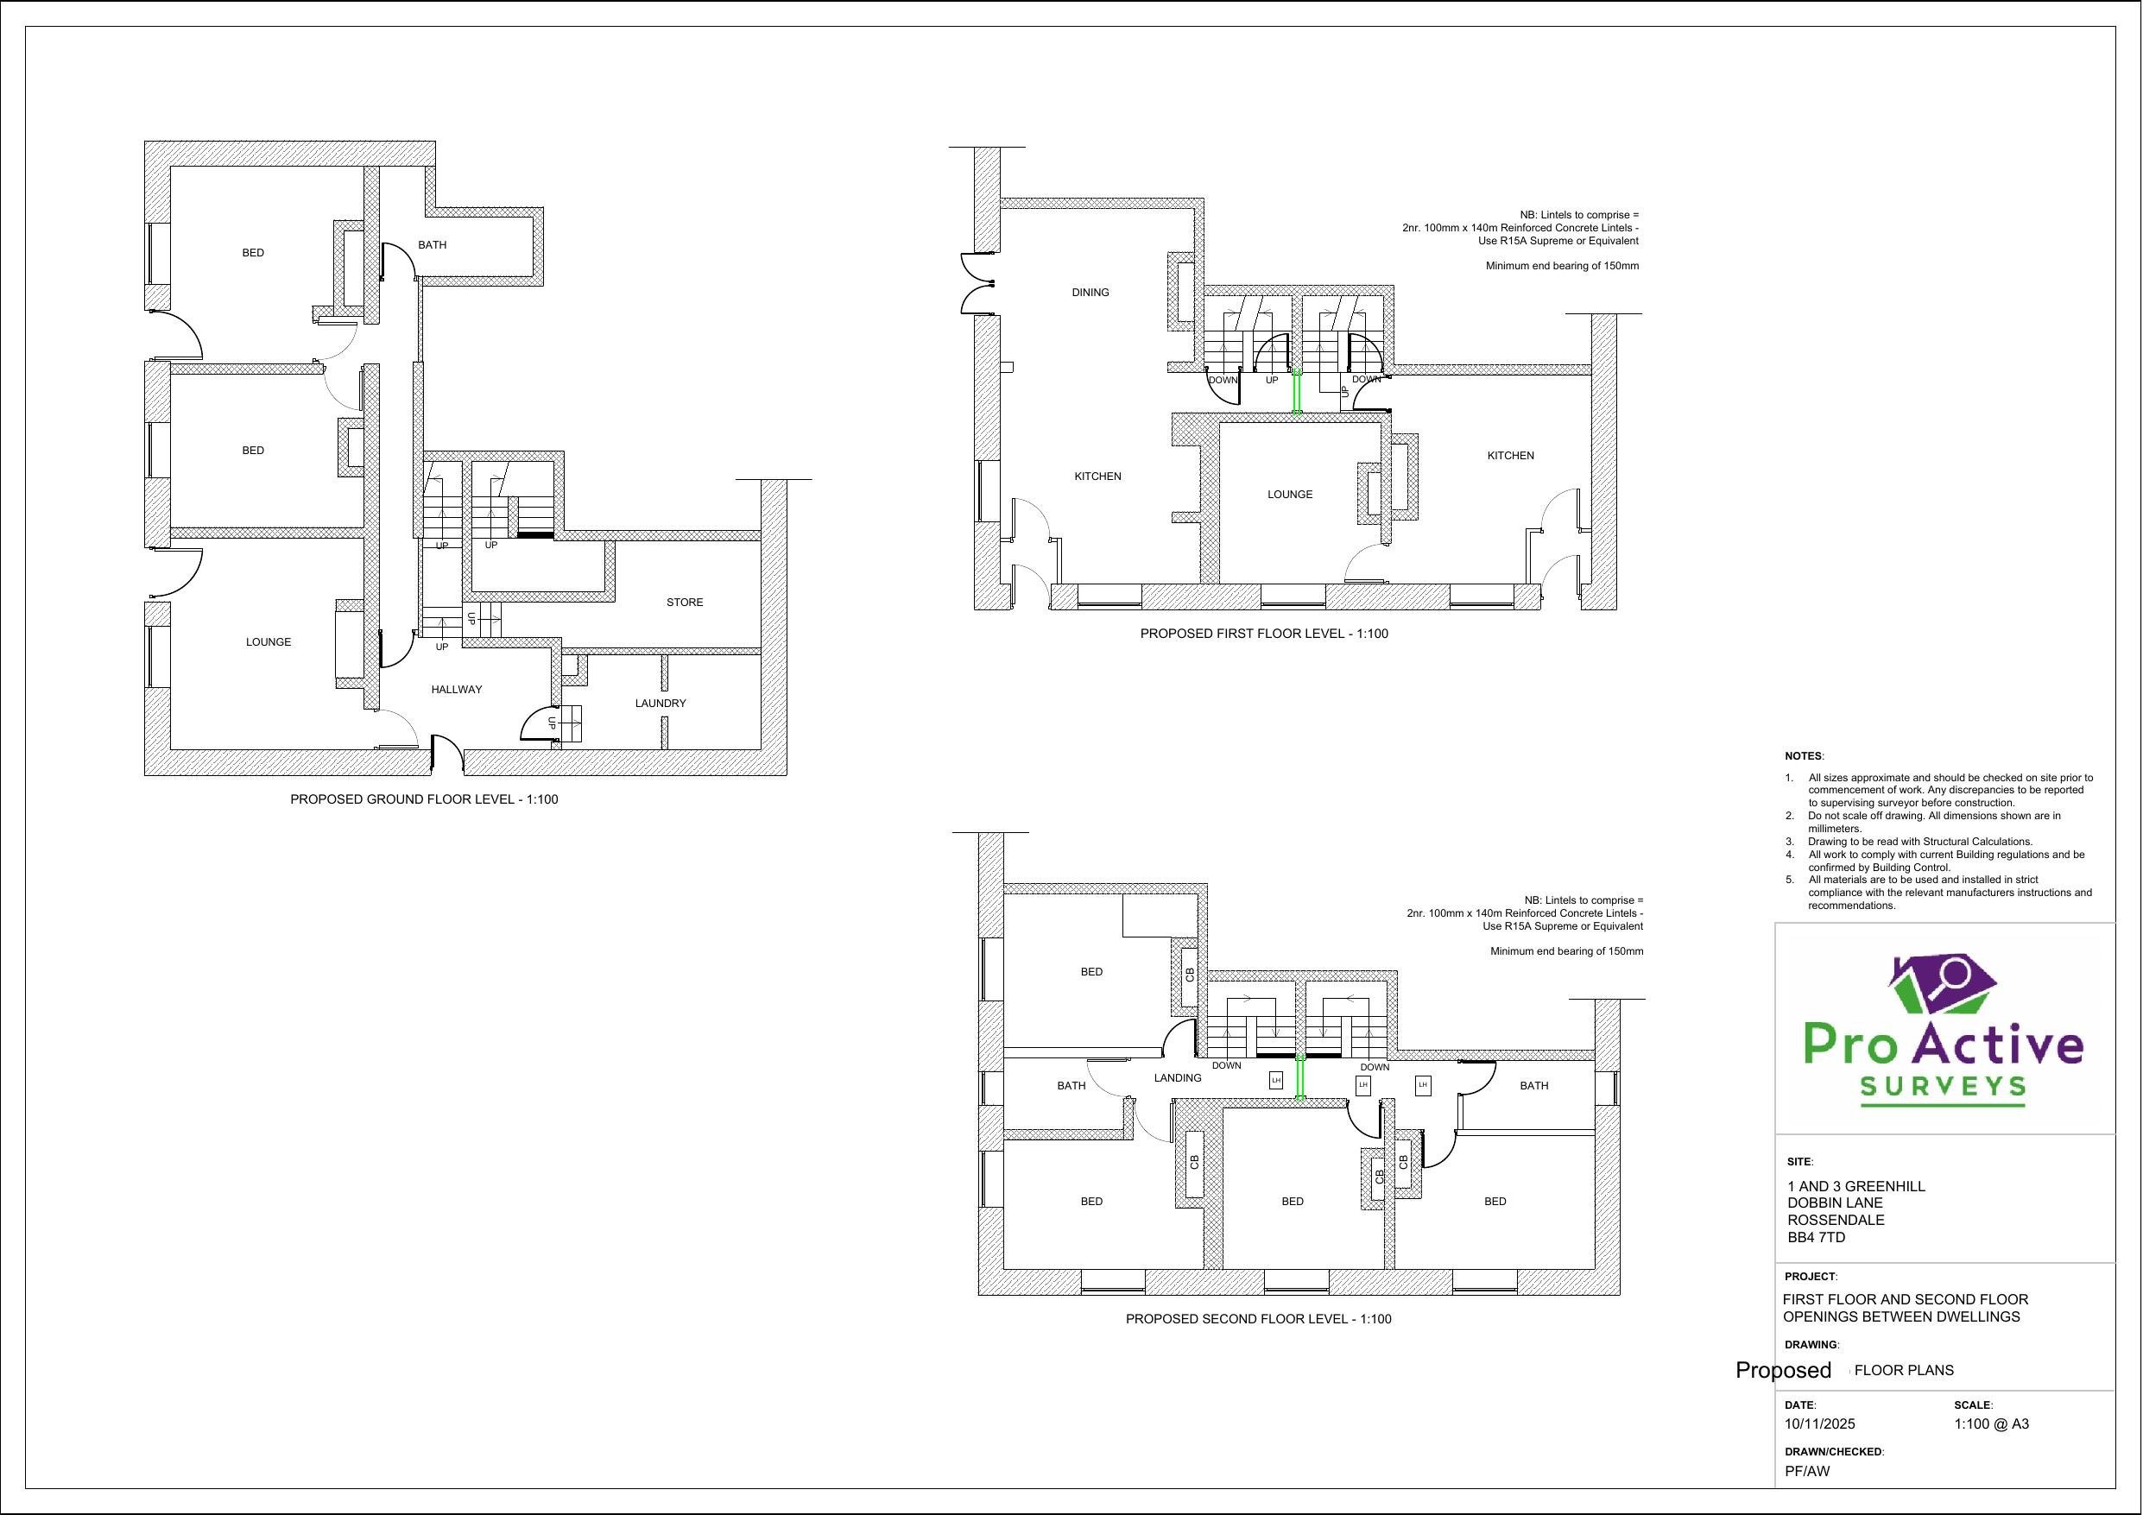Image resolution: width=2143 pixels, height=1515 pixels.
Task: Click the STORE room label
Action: pyautogui.click(x=684, y=602)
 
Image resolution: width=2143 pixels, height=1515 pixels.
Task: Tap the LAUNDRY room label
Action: pyautogui.click(x=660, y=703)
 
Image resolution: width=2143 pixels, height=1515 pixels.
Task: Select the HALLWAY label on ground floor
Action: pyautogui.click(x=457, y=689)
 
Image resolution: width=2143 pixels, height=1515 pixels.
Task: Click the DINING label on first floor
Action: pyautogui.click(x=1090, y=292)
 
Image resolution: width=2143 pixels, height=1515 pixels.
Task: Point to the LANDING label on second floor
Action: pyautogui.click(x=1177, y=1077)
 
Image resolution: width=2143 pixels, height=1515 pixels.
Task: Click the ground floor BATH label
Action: pyautogui.click(x=433, y=244)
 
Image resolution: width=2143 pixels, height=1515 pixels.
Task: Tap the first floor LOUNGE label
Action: pyautogui.click(x=1290, y=494)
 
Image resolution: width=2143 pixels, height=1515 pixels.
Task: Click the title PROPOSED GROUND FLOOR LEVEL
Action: pyautogui.click(x=424, y=799)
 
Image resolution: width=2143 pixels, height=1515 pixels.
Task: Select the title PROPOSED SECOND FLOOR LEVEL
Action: pyautogui.click(x=1257, y=1319)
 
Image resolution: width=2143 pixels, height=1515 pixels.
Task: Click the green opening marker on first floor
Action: pyautogui.click(x=1297, y=392)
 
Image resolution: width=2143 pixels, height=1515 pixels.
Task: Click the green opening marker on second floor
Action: pyautogui.click(x=1300, y=1078)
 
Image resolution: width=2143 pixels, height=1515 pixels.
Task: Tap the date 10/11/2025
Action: pyautogui.click(x=1819, y=1423)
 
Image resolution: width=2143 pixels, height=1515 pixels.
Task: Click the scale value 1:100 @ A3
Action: pyautogui.click(x=1991, y=1423)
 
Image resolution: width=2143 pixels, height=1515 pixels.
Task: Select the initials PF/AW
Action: pyautogui.click(x=1807, y=1471)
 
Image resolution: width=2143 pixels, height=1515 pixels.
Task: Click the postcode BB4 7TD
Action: pyautogui.click(x=1816, y=1237)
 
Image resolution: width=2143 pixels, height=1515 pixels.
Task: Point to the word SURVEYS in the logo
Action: pyautogui.click(x=1943, y=1087)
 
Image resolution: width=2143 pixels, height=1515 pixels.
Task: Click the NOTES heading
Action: pyautogui.click(x=1804, y=755)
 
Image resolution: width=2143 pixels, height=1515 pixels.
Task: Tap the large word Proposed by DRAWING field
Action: pyautogui.click(x=1783, y=1369)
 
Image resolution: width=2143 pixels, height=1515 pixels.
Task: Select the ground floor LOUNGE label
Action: pyautogui.click(x=268, y=641)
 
